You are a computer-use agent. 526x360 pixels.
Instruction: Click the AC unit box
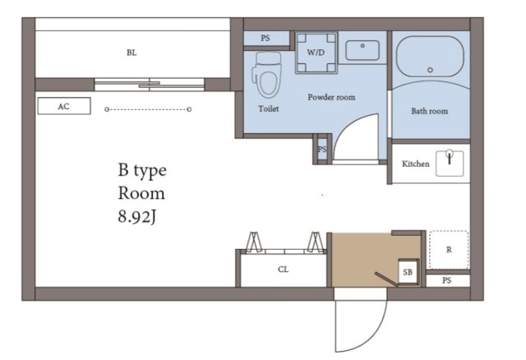click(x=64, y=106)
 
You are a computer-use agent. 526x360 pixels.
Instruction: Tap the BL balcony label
click(x=131, y=53)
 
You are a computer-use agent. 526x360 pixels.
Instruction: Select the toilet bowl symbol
click(x=267, y=76)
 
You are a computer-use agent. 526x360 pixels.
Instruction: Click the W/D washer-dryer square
click(x=316, y=53)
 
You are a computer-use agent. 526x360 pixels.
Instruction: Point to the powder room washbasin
click(x=362, y=51)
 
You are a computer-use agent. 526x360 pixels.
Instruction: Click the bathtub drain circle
click(x=430, y=70)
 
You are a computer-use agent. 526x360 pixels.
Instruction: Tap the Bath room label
click(x=429, y=111)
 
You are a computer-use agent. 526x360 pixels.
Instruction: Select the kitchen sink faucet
click(x=450, y=157)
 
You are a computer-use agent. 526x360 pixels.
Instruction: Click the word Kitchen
click(x=416, y=164)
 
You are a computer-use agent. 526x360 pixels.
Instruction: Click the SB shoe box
click(x=408, y=272)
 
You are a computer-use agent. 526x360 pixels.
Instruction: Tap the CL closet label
click(x=283, y=270)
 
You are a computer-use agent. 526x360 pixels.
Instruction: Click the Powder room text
click(x=331, y=97)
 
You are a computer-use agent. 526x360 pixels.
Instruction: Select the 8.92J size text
click(x=137, y=217)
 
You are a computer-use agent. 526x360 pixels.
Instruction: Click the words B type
click(x=142, y=170)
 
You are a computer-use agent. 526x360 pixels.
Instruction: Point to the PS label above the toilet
click(x=265, y=39)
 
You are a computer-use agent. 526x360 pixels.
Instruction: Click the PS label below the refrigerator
click(x=446, y=280)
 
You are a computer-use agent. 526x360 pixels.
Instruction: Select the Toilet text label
click(x=269, y=108)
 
